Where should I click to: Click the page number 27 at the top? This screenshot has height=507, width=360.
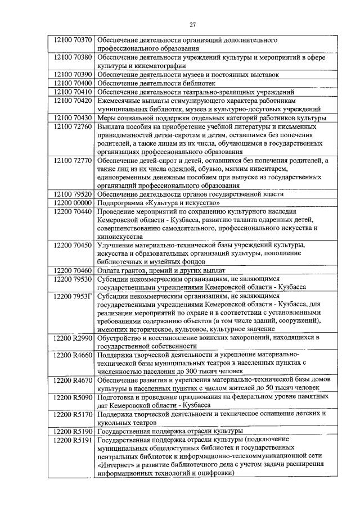point(192,25)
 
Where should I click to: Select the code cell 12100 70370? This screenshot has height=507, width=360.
point(70,41)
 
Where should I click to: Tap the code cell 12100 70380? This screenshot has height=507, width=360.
point(70,57)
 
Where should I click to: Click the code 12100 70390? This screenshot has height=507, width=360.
point(70,74)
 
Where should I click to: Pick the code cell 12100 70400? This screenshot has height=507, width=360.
point(70,83)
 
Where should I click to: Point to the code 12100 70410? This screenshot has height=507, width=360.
point(70,92)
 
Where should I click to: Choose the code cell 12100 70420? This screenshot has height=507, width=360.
point(70,100)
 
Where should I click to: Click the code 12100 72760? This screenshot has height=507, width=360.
point(70,127)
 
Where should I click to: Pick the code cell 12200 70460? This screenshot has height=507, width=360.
point(70,270)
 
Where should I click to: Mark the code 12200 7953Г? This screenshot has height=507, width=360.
point(70,295)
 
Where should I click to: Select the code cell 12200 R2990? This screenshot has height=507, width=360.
point(70,337)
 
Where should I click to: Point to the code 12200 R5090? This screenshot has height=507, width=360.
point(70,396)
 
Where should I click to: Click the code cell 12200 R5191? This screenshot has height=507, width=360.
point(70,440)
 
